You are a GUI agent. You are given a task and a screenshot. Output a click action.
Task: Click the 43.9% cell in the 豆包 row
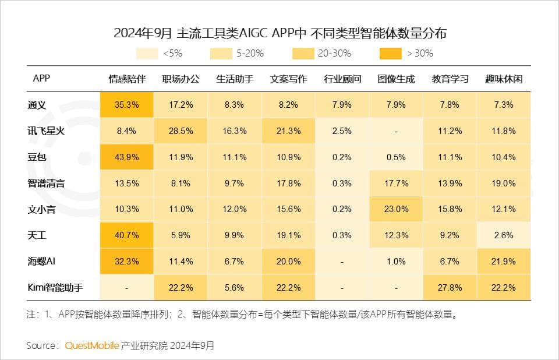pos(126,157)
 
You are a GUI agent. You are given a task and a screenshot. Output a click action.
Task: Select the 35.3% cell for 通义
pos(126,105)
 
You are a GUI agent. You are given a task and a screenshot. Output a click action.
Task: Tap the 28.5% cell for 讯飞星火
pos(181,131)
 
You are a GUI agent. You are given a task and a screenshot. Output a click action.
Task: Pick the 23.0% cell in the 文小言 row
pos(396,209)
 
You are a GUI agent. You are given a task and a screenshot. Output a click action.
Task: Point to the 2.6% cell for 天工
pos(504,235)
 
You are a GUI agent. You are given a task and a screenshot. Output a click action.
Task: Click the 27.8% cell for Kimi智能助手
pos(450,288)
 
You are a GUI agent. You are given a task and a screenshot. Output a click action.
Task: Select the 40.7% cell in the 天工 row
pos(126,235)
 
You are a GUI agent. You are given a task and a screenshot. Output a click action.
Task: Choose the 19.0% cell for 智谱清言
pos(504,183)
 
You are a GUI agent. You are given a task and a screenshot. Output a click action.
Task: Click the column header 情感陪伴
pos(126,79)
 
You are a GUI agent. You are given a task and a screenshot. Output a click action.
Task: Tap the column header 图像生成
pos(396,79)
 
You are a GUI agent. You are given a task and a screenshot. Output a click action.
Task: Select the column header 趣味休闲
pos(504,79)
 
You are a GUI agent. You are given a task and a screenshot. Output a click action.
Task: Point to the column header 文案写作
pos(288,79)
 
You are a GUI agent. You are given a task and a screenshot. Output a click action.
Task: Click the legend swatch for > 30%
pos(390,53)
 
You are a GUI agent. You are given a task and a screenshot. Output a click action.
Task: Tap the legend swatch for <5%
pos(147,53)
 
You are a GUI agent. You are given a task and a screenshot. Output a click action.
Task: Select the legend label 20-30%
pos(334,53)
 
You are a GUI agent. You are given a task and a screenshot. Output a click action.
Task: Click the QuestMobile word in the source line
pos(92,345)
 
